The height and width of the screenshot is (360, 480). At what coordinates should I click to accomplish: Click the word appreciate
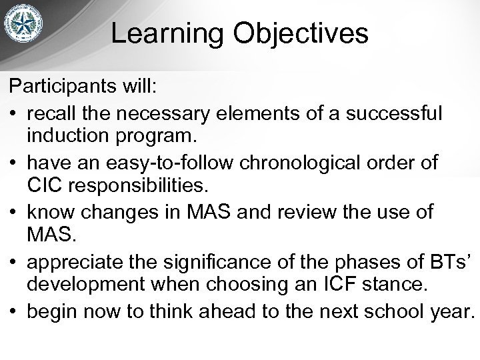73,262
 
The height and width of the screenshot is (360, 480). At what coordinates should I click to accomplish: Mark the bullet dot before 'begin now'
14,312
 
